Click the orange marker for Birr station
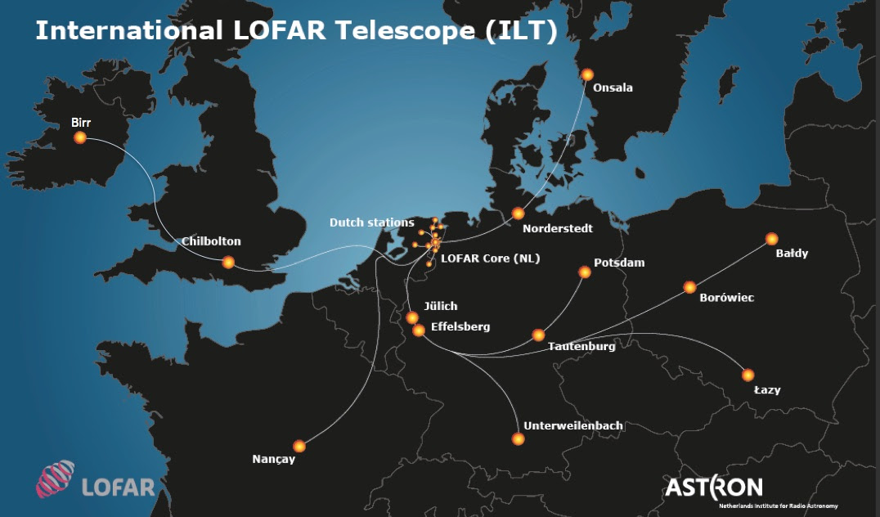[x=80, y=137]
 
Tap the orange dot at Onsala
[x=587, y=74]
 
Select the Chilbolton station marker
[x=228, y=262]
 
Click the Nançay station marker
[x=299, y=446]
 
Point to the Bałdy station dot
[x=771, y=239]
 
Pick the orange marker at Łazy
[x=748, y=375]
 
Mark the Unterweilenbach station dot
[x=518, y=439]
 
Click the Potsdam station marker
[x=585, y=272]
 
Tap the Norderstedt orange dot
[x=518, y=214]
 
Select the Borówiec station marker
[x=689, y=287]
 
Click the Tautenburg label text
[x=581, y=346]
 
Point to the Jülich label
[x=440, y=307]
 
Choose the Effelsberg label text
[x=460, y=326]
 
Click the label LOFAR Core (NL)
[x=490, y=258]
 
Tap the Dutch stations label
[x=371, y=223]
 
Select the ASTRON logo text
[x=713, y=488]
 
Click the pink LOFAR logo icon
[x=55, y=479]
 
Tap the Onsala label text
[x=613, y=88]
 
